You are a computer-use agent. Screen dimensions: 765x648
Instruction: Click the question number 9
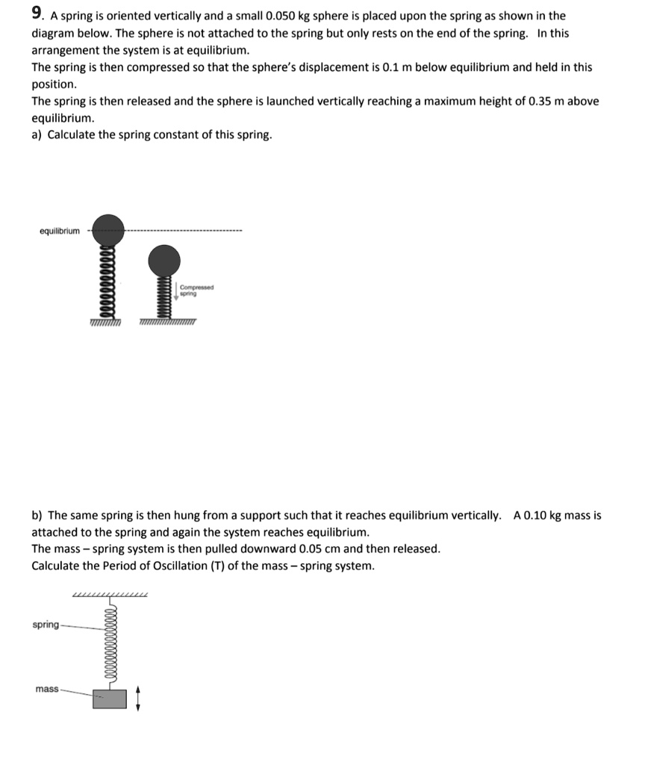(36, 13)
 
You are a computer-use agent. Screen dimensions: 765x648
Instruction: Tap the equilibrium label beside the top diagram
(59, 231)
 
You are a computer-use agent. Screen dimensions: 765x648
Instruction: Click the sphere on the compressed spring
(164, 262)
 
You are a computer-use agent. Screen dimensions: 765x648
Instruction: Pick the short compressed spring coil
(164, 299)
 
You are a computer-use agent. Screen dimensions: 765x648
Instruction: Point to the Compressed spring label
(196, 290)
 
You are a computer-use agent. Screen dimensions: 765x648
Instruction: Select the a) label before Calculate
(37, 135)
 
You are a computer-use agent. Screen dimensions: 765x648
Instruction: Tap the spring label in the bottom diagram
(45, 625)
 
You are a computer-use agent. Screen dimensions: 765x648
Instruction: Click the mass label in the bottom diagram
(46, 689)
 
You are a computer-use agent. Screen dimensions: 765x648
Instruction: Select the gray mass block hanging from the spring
(110, 699)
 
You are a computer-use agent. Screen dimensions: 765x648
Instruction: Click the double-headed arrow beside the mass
(137, 699)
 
